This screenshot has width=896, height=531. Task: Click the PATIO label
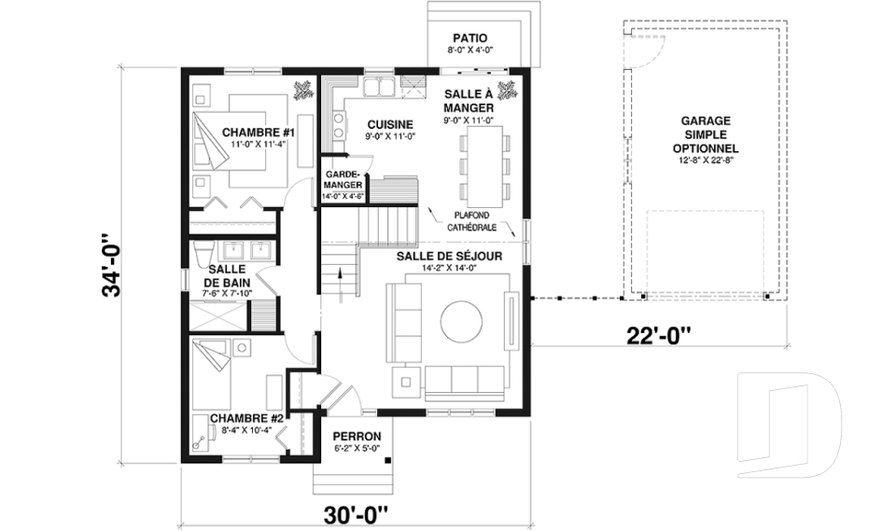469,38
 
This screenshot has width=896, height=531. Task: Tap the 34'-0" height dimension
113,265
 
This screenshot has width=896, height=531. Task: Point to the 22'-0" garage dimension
659,335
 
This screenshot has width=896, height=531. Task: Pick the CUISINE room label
390,125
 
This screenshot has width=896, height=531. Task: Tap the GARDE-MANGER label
343,179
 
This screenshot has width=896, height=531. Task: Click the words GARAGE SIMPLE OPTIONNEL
706,134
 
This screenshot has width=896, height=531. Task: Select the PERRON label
357,437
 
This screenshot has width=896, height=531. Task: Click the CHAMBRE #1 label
259,133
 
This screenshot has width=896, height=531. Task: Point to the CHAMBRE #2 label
246,418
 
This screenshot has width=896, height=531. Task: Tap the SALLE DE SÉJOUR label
449,256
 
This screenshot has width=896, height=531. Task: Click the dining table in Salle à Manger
485,166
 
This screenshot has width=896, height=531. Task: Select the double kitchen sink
379,88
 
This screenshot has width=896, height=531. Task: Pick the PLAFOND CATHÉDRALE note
471,221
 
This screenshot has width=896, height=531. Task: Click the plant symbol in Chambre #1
302,91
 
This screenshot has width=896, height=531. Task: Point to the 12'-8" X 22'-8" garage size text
706,161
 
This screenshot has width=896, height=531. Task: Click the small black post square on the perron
388,460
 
